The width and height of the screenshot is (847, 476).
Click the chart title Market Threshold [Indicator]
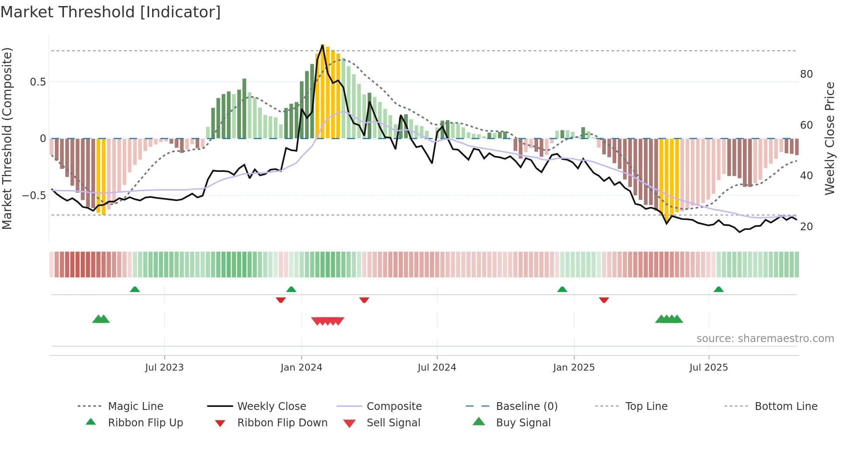(111, 12)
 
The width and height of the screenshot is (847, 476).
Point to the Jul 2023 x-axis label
(164, 368)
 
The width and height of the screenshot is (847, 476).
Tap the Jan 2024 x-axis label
(301, 368)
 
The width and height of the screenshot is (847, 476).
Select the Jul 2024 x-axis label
(437, 368)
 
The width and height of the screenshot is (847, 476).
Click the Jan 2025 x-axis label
(574, 368)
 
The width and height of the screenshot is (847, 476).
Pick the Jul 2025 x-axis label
(709, 368)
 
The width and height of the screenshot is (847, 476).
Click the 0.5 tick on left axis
(38, 82)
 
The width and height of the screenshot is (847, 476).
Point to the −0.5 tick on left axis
(35, 196)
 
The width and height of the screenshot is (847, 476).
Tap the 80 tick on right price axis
(806, 74)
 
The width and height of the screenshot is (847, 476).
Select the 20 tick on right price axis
(806, 227)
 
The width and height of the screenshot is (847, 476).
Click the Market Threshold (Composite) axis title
(7, 138)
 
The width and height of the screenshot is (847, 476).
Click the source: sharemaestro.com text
(765, 339)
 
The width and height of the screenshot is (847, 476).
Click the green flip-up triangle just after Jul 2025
(719, 289)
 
